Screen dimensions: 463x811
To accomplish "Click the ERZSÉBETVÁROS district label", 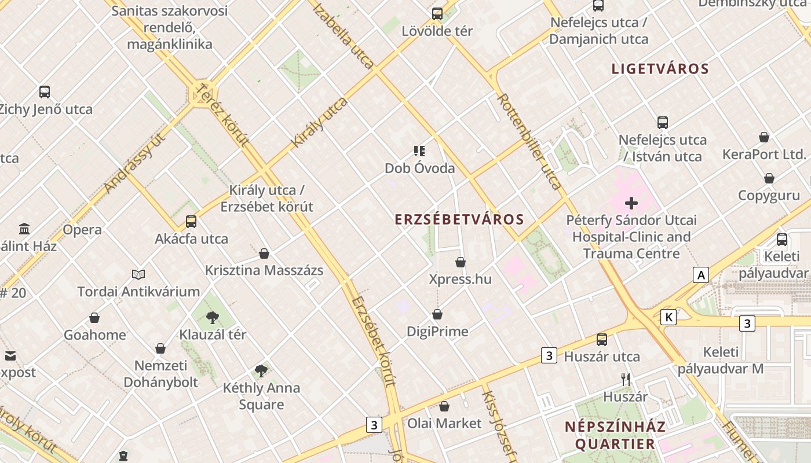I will (459, 220).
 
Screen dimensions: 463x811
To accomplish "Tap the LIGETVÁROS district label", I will (660, 69).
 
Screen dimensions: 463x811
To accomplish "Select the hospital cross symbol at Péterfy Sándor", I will (631, 203).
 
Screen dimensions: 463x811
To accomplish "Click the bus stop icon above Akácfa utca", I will (191, 221).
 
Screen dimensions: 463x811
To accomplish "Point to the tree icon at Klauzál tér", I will (213, 317).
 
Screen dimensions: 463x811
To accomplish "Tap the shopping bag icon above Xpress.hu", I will (461, 262).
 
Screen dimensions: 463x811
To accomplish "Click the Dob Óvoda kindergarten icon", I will (419, 152).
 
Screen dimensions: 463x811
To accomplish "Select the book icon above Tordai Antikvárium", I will (138, 274).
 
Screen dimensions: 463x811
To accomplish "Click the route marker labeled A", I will (701, 275).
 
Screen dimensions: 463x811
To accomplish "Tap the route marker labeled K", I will (669, 317).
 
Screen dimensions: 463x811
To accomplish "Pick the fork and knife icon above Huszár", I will (626, 380).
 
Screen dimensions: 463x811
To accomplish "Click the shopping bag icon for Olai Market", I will (444, 406).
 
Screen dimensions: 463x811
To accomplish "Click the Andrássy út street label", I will (134, 162).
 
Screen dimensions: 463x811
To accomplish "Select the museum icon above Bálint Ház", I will (24, 229).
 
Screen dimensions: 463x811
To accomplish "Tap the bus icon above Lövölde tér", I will (437, 14).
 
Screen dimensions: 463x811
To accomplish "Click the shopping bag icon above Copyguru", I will (769, 178).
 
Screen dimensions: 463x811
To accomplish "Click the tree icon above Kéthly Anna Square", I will (261, 370).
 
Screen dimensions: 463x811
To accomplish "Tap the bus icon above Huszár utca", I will (602, 340).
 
